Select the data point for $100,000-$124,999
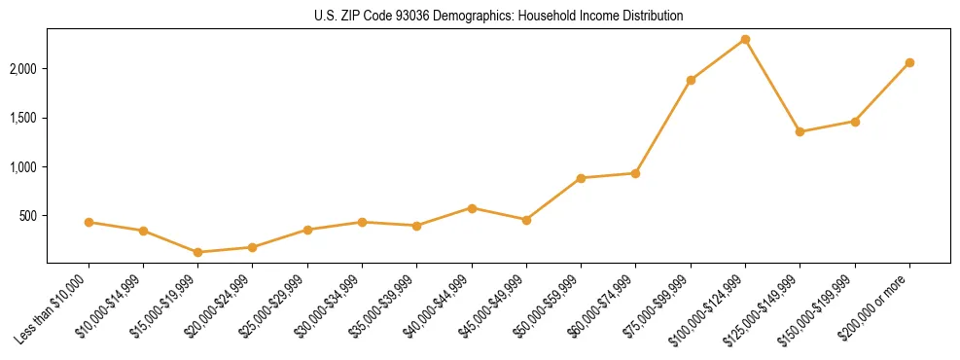(745, 39)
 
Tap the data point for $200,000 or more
(909, 62)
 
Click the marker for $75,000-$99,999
(691, 80)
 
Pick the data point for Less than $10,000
(89, 222)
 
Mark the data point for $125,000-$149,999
(800, 131)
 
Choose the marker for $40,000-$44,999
(472, 208)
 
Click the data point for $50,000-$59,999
(581, 178)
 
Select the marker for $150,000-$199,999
(855, 122)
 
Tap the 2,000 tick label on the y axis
(23, 69)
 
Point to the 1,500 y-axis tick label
(23, 118)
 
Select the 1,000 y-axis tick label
(23, 167)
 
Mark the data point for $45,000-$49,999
(526, 220)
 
